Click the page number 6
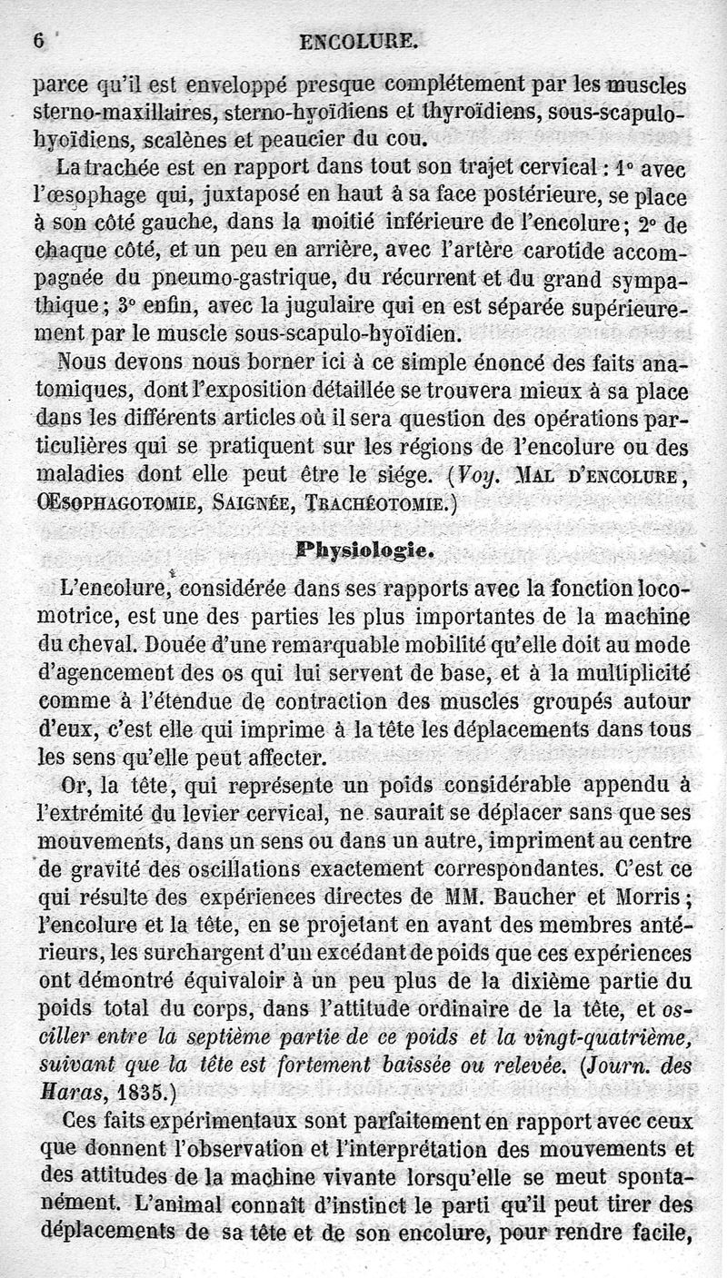39,40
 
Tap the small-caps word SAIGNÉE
251,504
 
